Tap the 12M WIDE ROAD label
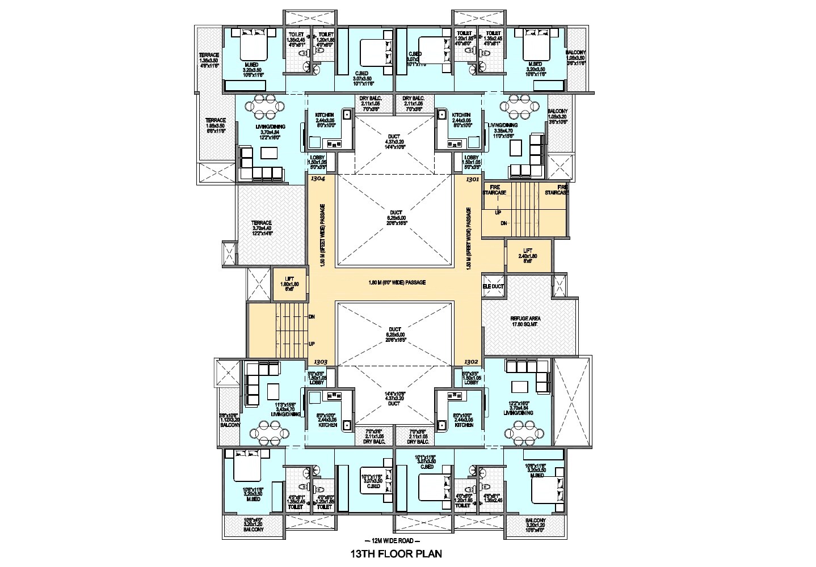click(x=395, y=540)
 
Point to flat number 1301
click(x=472, y=179)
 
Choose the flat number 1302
click(x=472, y=361)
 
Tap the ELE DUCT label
click(x=493, y=287)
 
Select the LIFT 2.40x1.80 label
click(x=527, y=259)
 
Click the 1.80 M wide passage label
click(x=397, y=282)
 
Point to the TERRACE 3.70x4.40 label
click(x=262, y=226)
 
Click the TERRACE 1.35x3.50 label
click(x=209, y=60)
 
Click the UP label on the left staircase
click(x=311, y=344)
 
